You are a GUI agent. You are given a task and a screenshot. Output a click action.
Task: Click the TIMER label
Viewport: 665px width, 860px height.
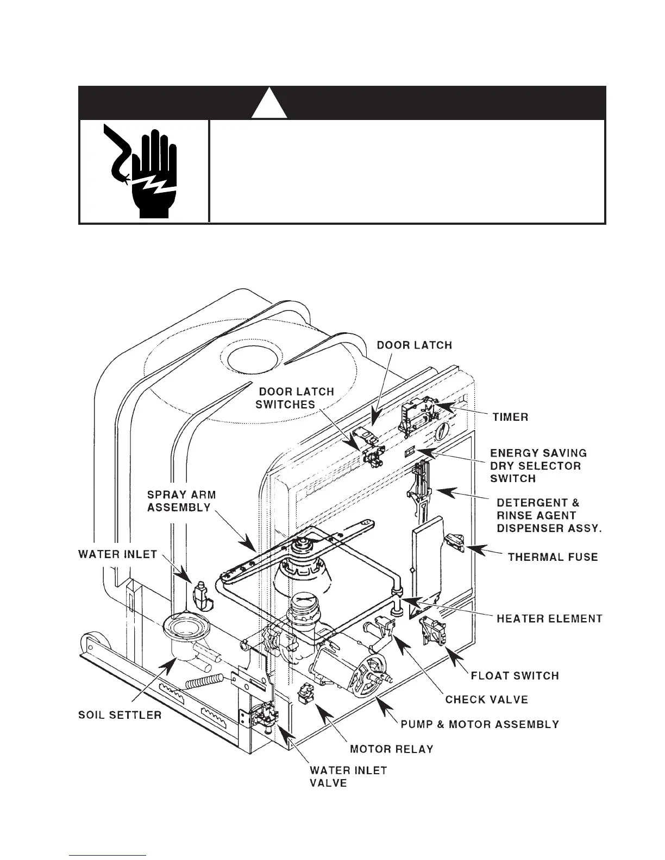(510, 417)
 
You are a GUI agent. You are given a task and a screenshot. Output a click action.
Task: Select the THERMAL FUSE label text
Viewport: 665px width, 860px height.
(553, 557)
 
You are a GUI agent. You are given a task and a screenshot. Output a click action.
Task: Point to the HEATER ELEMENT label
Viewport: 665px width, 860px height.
(549, 618)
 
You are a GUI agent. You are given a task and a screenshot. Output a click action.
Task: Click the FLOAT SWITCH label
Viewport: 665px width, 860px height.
(515, 675)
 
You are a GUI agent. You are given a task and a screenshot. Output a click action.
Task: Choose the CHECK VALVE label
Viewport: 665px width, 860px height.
(486, 699)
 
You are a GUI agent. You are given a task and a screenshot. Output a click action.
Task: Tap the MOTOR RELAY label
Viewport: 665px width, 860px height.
(391, 749)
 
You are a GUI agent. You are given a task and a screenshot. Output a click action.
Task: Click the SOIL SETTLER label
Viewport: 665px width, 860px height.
(120, 714)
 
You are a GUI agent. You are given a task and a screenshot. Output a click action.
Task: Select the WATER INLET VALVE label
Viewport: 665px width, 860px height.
(348, 777)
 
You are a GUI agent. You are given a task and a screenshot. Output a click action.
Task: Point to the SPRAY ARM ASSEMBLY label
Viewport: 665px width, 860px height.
(181, 501)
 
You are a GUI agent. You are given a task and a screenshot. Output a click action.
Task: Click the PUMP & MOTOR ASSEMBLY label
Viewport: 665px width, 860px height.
(480, 724)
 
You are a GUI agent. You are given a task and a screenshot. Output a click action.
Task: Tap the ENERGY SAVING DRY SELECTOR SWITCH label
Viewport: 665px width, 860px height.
(538, 465)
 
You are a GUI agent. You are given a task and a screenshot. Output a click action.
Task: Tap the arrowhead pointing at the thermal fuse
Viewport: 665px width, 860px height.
(474, 548)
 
